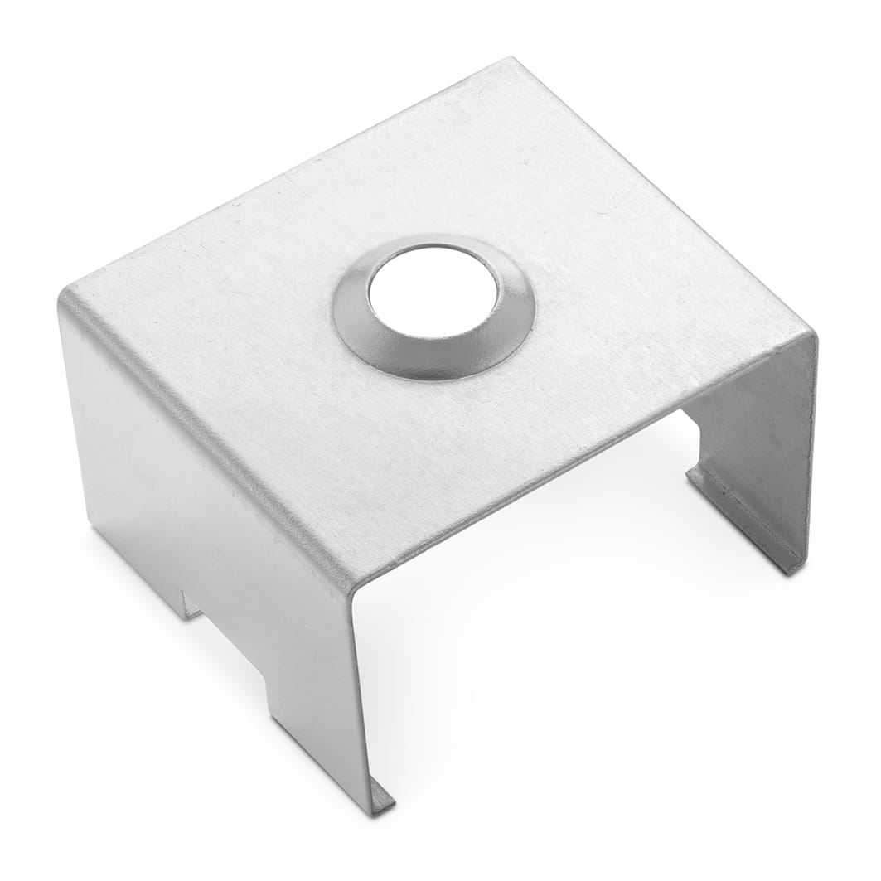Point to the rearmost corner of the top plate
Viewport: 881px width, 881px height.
(x=511, y=60)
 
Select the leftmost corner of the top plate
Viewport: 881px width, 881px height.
(x=62, y=292)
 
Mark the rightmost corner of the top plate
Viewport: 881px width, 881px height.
(x=813, y=333)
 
